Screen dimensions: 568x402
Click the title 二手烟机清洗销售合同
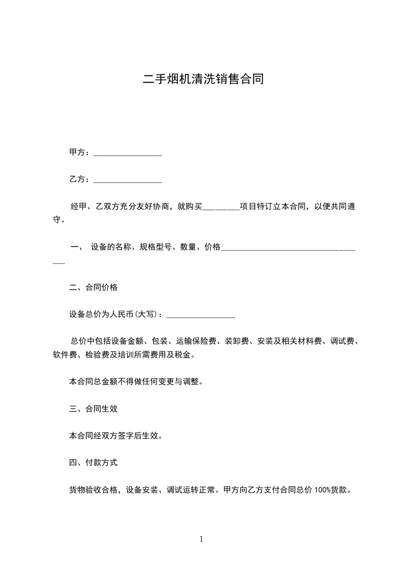(x=203, y=79)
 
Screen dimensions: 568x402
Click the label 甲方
(x=77, y=152)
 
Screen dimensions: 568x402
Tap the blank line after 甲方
(x=128, y=153)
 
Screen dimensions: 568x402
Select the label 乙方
(x=77, y=179)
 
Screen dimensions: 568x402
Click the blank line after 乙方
(x=128, y=180)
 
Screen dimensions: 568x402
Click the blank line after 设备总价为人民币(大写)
(x=201, y=316)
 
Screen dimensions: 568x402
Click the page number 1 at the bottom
(x=201, y=539)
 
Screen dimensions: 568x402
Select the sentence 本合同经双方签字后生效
(x=115, y=435)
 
